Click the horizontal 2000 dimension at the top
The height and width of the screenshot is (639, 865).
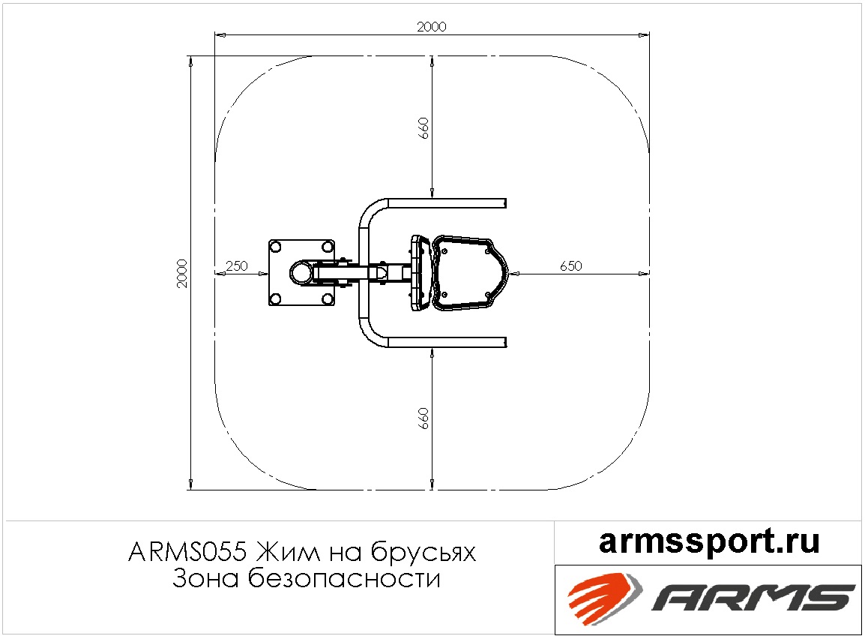click(432, 26)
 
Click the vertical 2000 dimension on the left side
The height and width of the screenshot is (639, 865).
click(182, 273)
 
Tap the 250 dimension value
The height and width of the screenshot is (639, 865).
click(237, 265)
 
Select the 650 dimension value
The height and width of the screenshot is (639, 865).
click(571, 265)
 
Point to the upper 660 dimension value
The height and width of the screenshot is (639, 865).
click(423, 128)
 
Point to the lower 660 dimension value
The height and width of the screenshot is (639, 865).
click(423, 418)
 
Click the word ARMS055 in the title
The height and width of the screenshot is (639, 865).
click(187, 551)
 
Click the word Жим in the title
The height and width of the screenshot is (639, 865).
click(289, 551)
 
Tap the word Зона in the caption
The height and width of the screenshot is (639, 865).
click(206, 578)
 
